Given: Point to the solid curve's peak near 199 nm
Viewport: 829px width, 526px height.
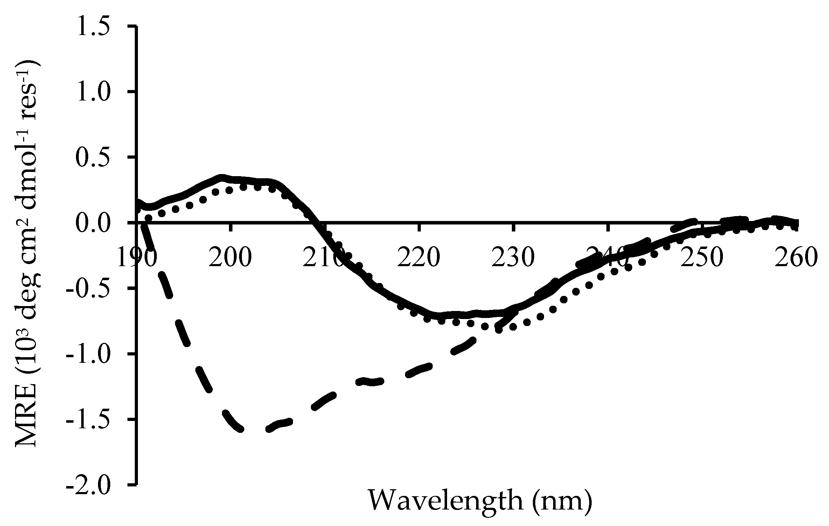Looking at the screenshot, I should coord(221,177).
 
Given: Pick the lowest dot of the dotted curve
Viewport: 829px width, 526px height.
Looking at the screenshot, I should coord(499,330).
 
